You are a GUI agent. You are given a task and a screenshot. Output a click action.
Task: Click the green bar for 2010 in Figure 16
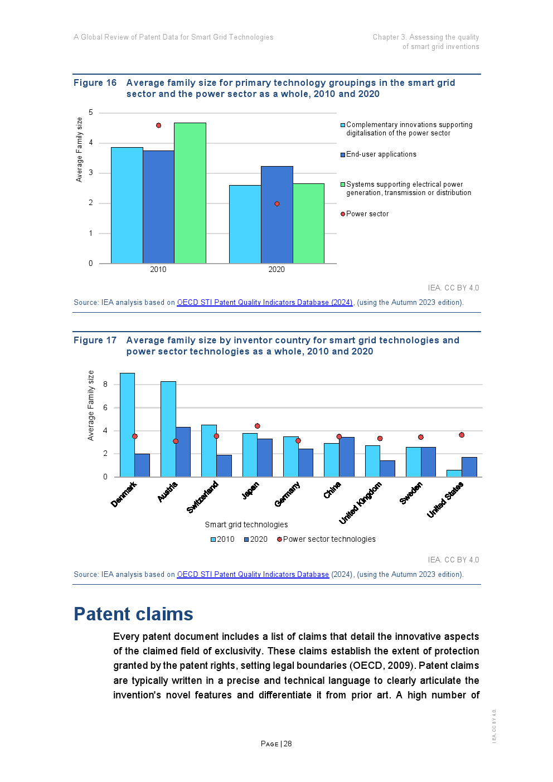[x=190, y=193]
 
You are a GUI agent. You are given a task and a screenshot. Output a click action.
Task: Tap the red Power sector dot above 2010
[x=158, y=125]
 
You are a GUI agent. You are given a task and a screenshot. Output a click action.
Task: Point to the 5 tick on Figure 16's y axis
[x=91, y=113]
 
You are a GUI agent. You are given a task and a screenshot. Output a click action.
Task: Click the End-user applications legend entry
[x=381, y=154]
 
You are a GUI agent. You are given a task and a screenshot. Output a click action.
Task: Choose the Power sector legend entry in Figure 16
[x=367, y=214]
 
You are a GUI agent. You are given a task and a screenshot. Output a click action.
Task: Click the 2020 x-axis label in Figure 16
[x=276, y=270]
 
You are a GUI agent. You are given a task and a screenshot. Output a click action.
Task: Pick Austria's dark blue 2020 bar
[x=183, y=452]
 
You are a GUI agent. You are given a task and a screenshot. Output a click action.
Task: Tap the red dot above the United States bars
[x=462, y=435]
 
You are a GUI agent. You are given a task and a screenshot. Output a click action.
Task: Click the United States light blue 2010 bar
[x=454, y=473]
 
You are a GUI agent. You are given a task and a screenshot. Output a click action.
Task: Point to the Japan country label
[x=250, y=490]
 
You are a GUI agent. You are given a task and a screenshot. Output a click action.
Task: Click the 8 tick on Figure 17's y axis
[x=105, y=385]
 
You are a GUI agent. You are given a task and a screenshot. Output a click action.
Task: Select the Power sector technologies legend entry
[x=329, y=540]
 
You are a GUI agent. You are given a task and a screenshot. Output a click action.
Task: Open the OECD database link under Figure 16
[x=264, y=303]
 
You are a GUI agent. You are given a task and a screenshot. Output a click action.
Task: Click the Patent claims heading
[x=133, y=614]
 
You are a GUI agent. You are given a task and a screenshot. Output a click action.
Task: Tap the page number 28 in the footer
[x=288, y=744]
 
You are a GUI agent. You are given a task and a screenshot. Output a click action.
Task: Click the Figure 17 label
[x=95, y=341]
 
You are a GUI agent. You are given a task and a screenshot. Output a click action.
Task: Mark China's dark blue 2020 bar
[x=347, y=457]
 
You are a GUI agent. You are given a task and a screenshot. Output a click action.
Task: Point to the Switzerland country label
[x=202, y=497]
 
